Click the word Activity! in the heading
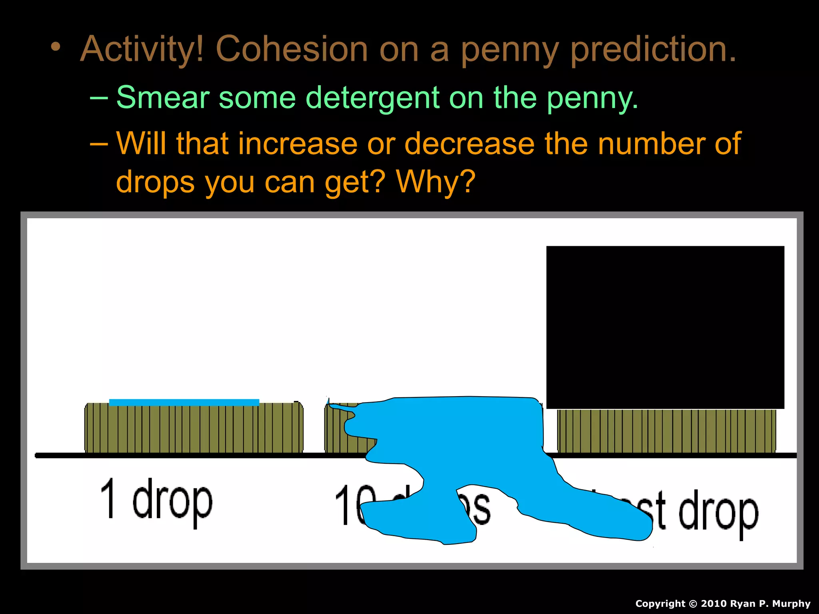click(x=142, y=50)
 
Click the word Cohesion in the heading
click(x=292, y=50)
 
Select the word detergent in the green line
click(x=372, y=98)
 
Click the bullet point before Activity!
click(x=56, y=47)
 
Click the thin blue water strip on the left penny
click(x=184, y=402)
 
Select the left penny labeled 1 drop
click(x=194, y=430)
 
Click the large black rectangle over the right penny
click(x=665, y=327)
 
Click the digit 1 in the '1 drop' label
click(x=108, y=498)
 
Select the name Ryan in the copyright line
click(x=743, y=604)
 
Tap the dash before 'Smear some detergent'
click(x=99, y=98)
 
